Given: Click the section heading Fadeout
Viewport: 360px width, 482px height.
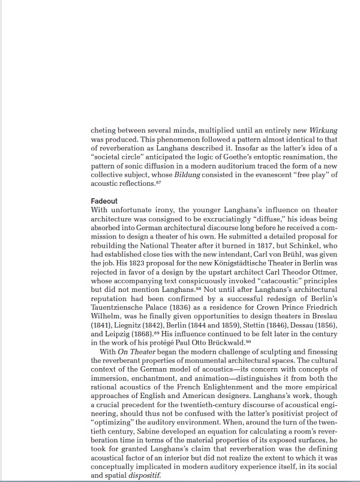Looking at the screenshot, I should tap(104, 201).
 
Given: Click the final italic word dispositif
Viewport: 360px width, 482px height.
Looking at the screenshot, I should tap(148, 474).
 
